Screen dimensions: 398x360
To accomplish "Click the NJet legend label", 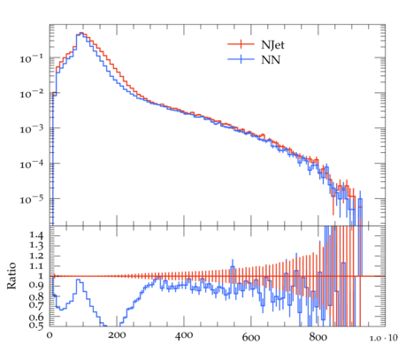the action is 272,45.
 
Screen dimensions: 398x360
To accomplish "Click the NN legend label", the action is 271,60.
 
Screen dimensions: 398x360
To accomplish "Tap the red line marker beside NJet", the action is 241,44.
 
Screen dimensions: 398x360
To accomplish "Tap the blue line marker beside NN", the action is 241,59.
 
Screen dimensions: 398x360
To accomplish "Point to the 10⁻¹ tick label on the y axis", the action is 31,58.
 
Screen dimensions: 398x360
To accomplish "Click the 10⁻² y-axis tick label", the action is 31,94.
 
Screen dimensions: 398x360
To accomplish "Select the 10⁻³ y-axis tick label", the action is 31,129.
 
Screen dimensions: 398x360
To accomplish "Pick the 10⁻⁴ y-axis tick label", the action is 31,164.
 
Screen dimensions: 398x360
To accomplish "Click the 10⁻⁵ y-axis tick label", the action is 31,199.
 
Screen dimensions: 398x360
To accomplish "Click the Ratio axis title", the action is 11,276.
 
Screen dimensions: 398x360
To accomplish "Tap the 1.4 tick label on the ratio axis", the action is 36,235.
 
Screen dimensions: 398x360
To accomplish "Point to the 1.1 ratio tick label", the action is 36,266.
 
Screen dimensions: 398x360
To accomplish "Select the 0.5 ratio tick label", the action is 36,326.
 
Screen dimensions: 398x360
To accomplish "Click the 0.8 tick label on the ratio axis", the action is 36,295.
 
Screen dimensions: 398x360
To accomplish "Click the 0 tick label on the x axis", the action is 50,335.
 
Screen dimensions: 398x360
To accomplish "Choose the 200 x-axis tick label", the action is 117,335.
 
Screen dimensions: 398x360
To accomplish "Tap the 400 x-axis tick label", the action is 184,335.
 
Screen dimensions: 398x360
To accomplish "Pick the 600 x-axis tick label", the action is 251,337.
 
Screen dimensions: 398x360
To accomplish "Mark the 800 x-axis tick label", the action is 318,337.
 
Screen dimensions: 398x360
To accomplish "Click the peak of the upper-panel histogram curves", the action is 81,33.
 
